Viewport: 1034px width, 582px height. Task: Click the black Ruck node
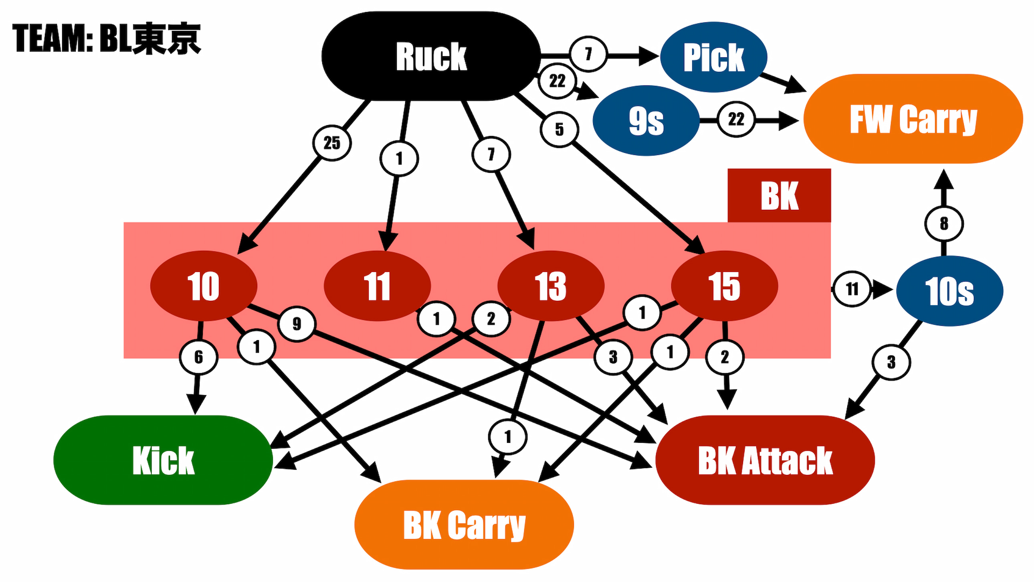point(431,56)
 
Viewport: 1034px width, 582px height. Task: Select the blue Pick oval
point(714,57)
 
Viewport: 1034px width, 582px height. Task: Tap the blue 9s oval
point(646,120)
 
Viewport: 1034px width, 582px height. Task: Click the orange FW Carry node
point(913,119)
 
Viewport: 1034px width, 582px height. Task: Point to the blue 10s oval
point(949,291)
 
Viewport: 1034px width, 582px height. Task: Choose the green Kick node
point(163,460)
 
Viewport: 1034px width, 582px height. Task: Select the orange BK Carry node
point(464,525)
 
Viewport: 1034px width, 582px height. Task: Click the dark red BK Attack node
point(765,460)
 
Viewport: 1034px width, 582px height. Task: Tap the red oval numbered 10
point(204,286)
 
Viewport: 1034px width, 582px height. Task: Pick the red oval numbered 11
point(377,286)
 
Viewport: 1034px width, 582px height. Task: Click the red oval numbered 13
point(551,286)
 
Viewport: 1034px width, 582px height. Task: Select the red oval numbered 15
point(725,286)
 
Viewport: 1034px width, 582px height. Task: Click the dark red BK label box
point(779,196)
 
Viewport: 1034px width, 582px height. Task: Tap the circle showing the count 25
point(332,143)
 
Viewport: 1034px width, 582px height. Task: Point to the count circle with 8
point(944,224)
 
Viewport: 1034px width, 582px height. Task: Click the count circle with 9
point(297,323)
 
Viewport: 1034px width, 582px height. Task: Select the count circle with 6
point(199,357)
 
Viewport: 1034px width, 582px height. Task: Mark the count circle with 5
point(559,129)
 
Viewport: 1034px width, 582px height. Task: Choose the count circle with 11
point(852,289)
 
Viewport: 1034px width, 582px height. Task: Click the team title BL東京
point(106,39)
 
